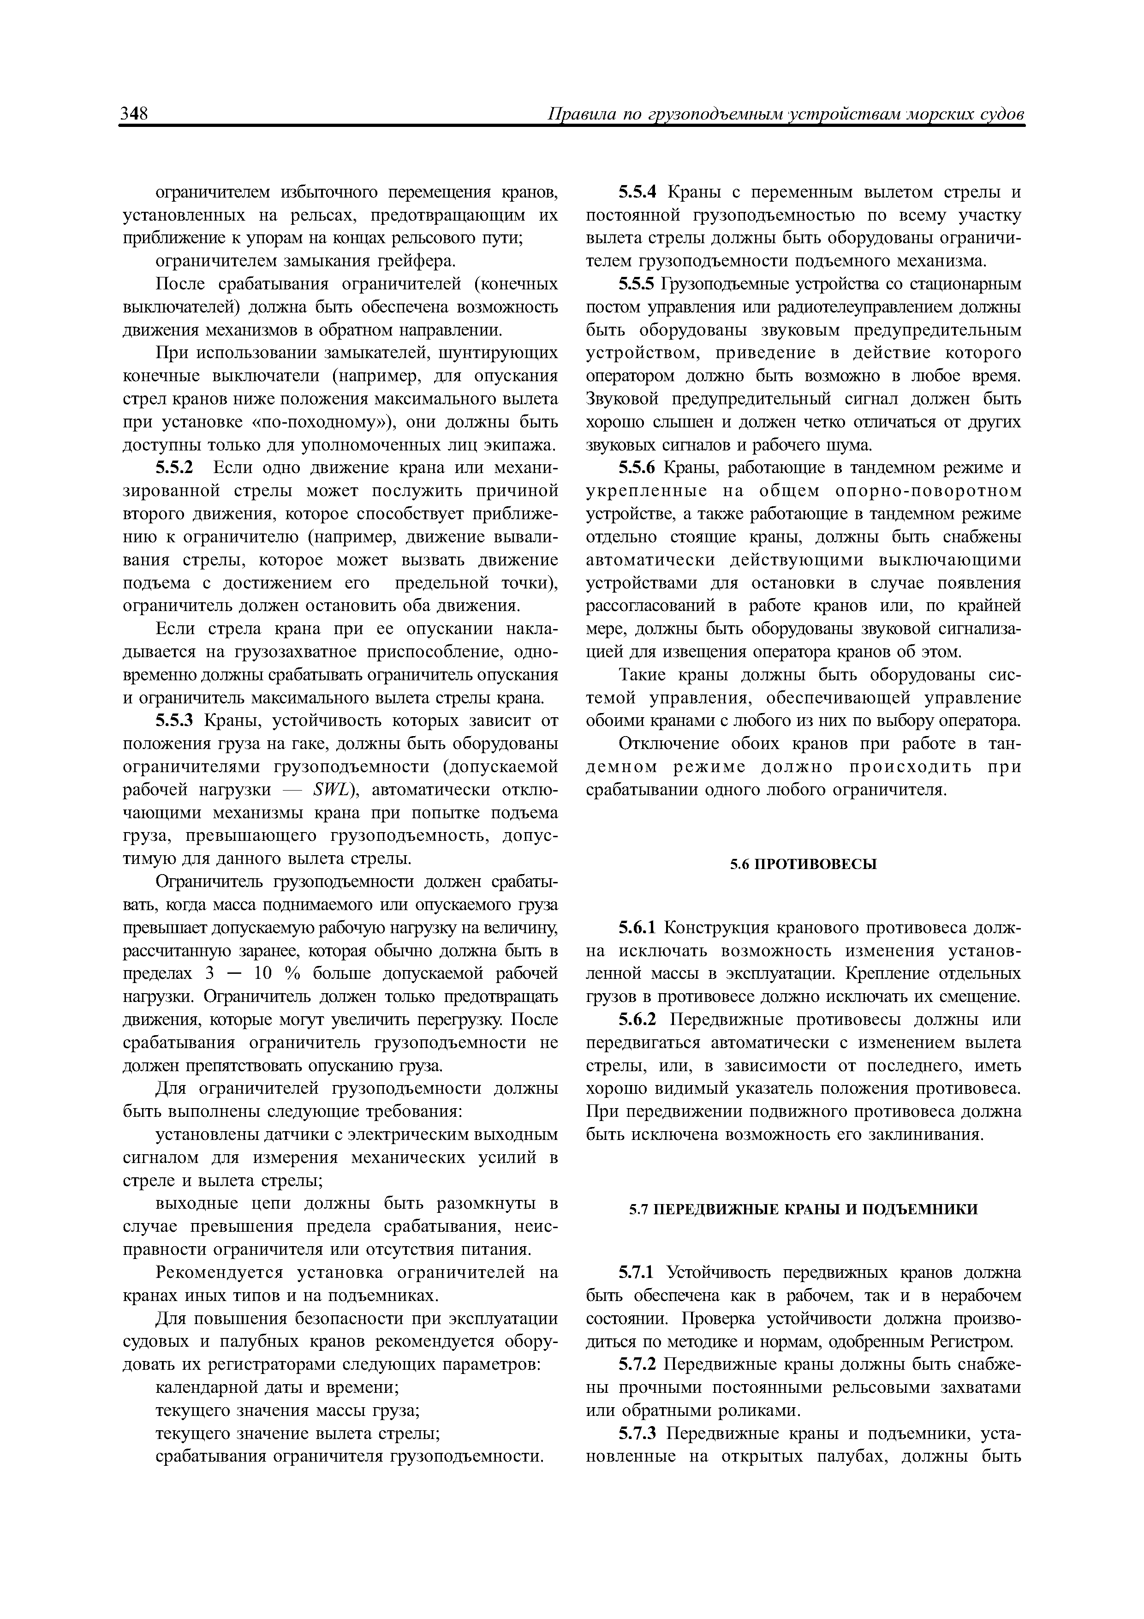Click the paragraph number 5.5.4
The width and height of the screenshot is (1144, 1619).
pyautogui.click(x=637, y=192)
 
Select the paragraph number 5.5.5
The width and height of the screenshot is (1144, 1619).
pyautogui.click(x=637, y=284)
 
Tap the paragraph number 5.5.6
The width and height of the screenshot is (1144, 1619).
pyautogui.click(x=637, y=468)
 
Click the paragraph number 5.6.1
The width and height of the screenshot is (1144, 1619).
pyautogui.click(x=637, y=928)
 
